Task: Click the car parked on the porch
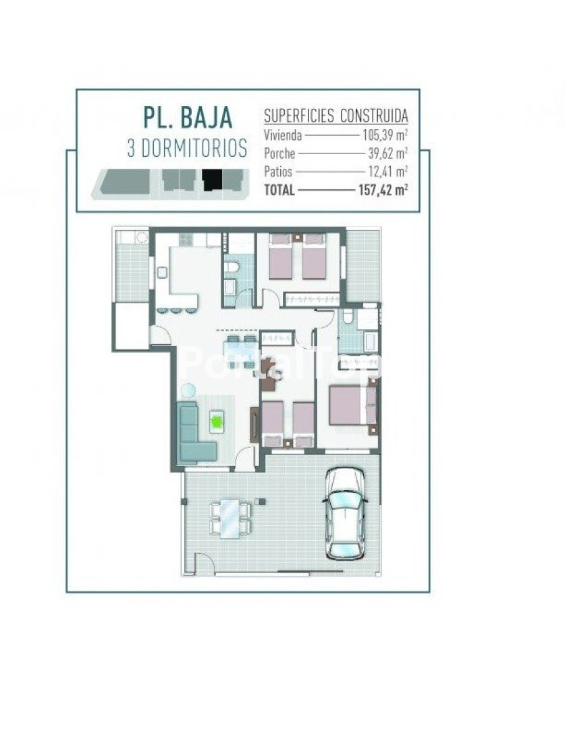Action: pos(344,513)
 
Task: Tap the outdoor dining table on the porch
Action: pos(230,518)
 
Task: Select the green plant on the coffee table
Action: pos(216,421)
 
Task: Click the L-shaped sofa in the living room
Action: pos(193,433)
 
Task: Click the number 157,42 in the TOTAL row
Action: pos(377,190)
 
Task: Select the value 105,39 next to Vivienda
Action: pos(379,135)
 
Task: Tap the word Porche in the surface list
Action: pos(279,153)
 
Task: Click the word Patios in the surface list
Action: pos(278,172)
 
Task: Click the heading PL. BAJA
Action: pos(188,118)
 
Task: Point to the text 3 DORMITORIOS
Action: pos(187,149)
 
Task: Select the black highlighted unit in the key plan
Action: pos(212,180)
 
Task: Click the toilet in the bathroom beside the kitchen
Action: pos(231,267)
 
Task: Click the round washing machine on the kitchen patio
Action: pos(141,237)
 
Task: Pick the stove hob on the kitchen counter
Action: pos(186,239)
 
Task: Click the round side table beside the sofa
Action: pos(188,390)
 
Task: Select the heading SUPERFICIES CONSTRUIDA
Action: pos(335,116)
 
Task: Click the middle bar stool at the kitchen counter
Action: pos(176,310)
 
